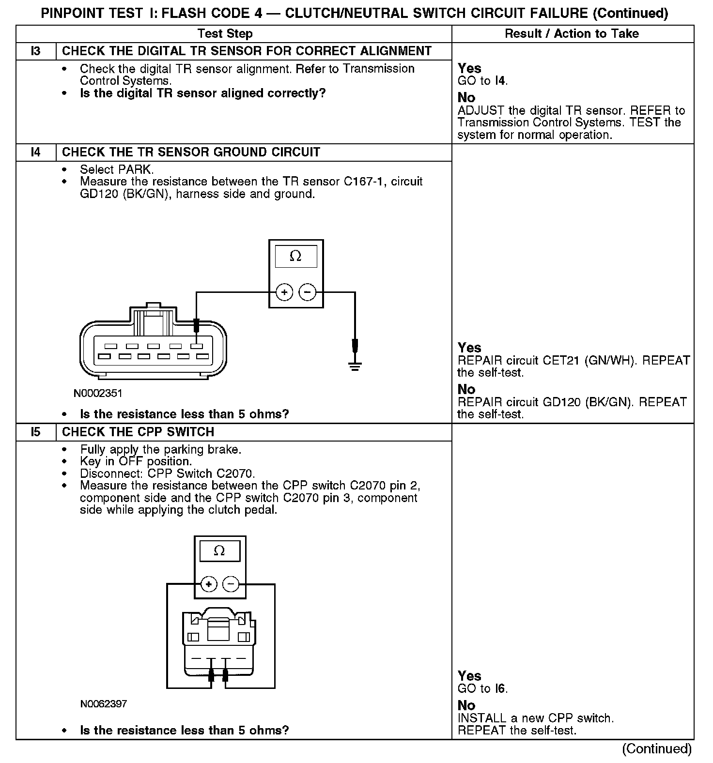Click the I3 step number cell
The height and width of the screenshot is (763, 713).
(x=36, y=51)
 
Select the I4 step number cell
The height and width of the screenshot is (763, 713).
(x=36, y=152)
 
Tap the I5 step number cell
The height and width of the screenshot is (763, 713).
(x=36, y=432)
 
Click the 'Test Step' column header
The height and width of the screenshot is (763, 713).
(x=225, y=33)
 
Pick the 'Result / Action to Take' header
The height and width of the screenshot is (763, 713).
(x=572, y=33)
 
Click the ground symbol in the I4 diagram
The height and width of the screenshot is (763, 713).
(x=355, y=364)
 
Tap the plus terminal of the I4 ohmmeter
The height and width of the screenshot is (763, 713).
(x=284, y=292)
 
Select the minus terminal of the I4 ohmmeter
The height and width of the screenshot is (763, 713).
(x=308, y=292)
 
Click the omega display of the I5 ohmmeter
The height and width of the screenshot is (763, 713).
(x=219, y=551)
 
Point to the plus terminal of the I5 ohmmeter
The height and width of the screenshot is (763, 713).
(x=208, y=584)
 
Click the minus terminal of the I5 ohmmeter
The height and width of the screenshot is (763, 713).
(x=231, y=584)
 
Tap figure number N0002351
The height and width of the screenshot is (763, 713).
(x=98, y=393)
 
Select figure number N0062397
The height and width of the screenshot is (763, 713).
(x=104, y=703)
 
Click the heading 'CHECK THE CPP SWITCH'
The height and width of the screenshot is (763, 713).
(x=138, y=432)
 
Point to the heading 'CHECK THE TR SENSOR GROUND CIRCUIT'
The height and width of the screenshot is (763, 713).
(x=191, y=152)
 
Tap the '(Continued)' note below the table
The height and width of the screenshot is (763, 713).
(x=657, y=748)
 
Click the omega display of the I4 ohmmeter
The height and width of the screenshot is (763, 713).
(x=296, y=256)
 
